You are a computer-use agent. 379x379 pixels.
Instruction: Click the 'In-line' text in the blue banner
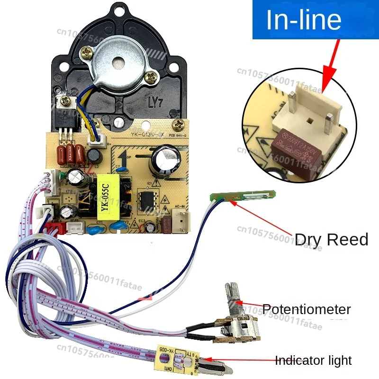pyautogui.click(x=304, y=20)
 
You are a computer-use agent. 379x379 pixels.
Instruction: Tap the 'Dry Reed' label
pyautogui.click(x=331, y=239)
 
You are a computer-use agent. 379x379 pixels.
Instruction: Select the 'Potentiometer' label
pyautogui.click(x=307, y=310)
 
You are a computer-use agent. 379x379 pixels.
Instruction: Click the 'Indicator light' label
pyautogui.click(x=314, y=361)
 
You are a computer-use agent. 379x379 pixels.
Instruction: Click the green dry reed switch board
pyautogui.click(x=242, y=197)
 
